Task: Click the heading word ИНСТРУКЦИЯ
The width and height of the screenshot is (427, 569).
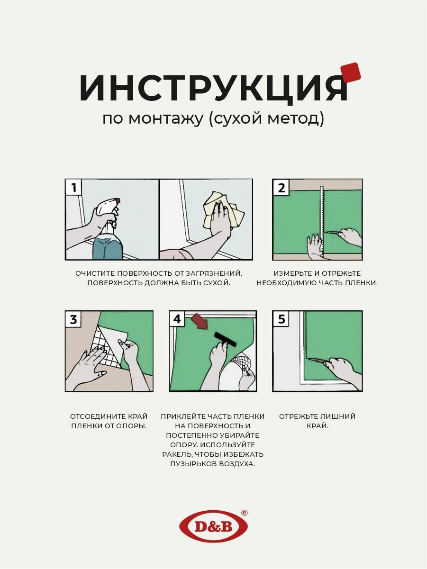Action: tap(213, 88)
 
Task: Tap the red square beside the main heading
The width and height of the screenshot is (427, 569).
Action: tap(351, 73)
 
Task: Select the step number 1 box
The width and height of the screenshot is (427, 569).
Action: tap(73, 188)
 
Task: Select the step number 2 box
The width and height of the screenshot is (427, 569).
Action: tap(281, 188)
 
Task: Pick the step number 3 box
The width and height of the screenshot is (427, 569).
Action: tap(73, 319)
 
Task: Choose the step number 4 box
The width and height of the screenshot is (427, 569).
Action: tap(177, 319)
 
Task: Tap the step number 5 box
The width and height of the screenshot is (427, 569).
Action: tap(281, 319)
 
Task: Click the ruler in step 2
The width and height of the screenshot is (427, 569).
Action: tap(323, 221)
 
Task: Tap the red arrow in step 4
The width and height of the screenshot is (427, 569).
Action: tap(200, 321)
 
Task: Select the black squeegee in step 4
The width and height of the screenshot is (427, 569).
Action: tap(226, 340)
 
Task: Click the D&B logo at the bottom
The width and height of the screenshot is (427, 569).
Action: tap(213, 526)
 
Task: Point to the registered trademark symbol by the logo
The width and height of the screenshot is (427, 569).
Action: tap(244, 513)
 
